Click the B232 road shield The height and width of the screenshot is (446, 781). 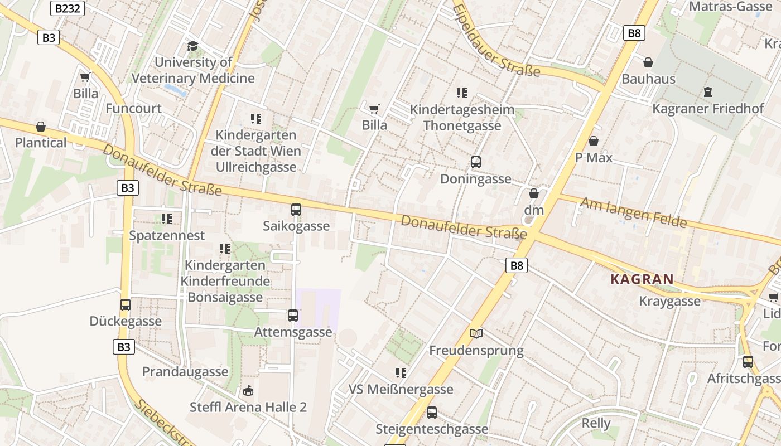click(x=68, y=8)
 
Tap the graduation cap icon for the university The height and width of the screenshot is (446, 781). click(x=192, y=46)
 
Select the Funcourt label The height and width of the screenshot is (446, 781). click(x=133, y=108)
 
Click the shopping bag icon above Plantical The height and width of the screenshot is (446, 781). click(x=40, y=127)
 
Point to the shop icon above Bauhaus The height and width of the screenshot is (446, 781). click(x=648, y=62)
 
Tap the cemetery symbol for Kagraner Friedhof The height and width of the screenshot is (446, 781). click(x=707, y=92)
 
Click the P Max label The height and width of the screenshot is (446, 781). click(x=594, y=158)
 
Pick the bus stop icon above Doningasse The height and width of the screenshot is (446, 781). click(x=475, y=162)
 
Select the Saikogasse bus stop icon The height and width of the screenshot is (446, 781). click(x=296, y=210)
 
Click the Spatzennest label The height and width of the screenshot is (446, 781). click(x=167, y=235)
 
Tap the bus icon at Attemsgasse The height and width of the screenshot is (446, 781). click(x=293, y=316)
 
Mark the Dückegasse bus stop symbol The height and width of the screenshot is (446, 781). click(x=126, y=305)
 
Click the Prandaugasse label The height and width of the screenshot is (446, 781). click(x=185, y=371)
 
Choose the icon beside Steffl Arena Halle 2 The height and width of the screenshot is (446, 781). click(x=248, y=390)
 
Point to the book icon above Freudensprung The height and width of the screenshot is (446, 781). click(x=476, y=334)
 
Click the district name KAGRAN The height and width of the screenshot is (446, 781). click(x=642, y=279)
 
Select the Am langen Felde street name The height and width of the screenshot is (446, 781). click(x=633, y=212)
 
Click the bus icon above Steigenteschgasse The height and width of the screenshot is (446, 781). click(x=431, y=413)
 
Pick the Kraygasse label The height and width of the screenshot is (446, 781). click(x=669, y=301)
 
